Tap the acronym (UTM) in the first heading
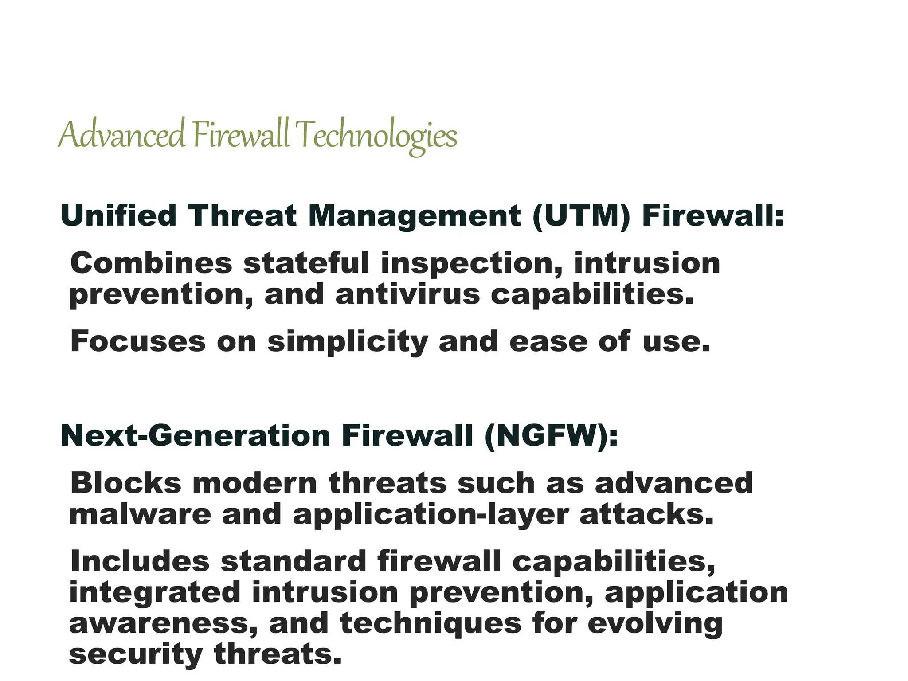(581, 216)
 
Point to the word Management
(414, 216)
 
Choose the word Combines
(151, 263)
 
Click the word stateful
(306, 263)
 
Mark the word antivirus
(407, 294)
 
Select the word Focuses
(138, 341)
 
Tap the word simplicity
(348, 342)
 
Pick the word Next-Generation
(195, 436)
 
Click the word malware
(140, 514)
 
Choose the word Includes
(139, 561)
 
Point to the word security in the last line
(136, 655)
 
